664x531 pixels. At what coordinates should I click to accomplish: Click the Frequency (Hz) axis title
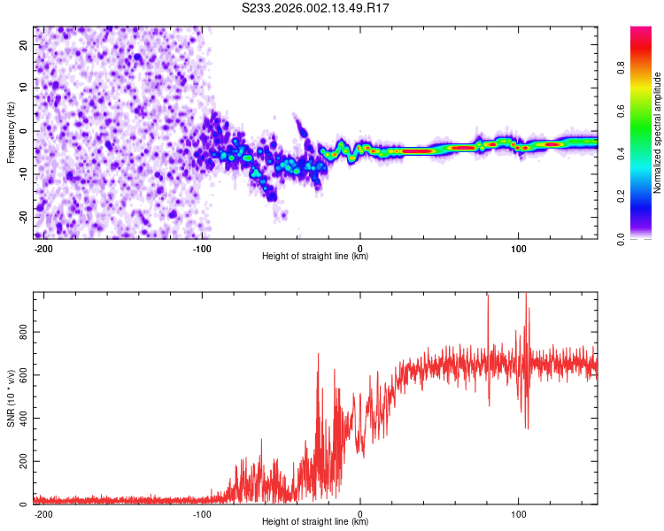tap(11, 133)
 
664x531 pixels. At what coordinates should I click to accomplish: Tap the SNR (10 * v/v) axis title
tap(11, 398)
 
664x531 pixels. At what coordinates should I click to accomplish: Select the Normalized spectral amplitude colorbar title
tap(658, 133)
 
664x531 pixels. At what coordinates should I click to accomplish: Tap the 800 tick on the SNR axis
tap(20, 332)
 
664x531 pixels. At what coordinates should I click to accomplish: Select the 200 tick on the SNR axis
tap(20, 462)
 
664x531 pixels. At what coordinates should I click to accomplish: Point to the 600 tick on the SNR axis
tap(20, 375)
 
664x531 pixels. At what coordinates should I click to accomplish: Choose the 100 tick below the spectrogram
tap(518, 247)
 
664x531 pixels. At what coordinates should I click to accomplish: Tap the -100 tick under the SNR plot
tap(202, 513)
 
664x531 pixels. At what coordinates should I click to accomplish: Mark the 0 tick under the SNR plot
tap(360, 513)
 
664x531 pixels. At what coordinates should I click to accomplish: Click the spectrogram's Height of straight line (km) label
tap(315, 257)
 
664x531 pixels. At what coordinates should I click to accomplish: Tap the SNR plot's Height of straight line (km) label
tap(315, 522)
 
